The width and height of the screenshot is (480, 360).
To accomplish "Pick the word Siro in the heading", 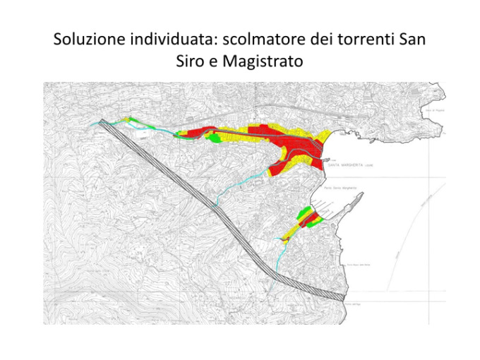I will (x=191, y=61).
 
